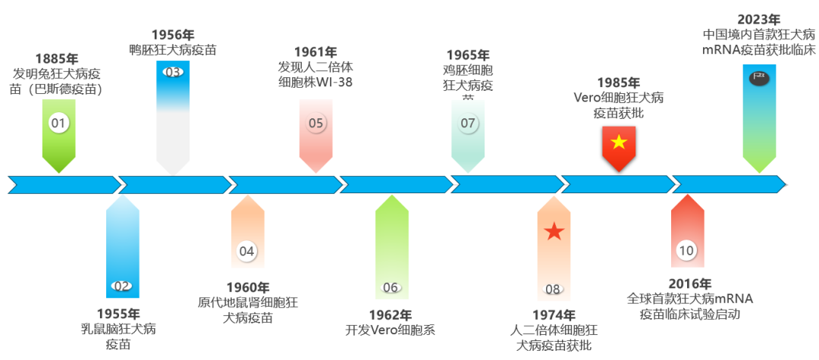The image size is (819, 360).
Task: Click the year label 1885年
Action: click(x=57, y=58)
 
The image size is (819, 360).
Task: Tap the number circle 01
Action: click(x=58, y=122)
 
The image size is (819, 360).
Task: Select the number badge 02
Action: click(x=121, y=286)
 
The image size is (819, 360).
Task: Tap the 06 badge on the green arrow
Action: click(x=468, y=123)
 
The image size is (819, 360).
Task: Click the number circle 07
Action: click(x=553, y=288)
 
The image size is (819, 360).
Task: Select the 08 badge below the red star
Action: click(x=553, y=288)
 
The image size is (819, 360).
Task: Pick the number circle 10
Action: click(x=686, y=251)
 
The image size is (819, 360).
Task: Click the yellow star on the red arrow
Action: click(x=619, y=141)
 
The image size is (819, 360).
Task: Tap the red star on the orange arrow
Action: click(x=554, y=232)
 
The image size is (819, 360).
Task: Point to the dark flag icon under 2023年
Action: click(x=758, y=78)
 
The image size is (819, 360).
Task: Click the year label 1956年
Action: click(x=173, y=35)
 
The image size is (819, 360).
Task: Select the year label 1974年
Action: click(x=554, y=315)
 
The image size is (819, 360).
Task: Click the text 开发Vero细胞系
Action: click(x=391, y=330)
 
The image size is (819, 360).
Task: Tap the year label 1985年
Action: click(x=618, y=83)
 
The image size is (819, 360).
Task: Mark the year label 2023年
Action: click(x=758, y=19)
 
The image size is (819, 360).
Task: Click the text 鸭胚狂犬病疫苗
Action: click(x=173, y=50)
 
